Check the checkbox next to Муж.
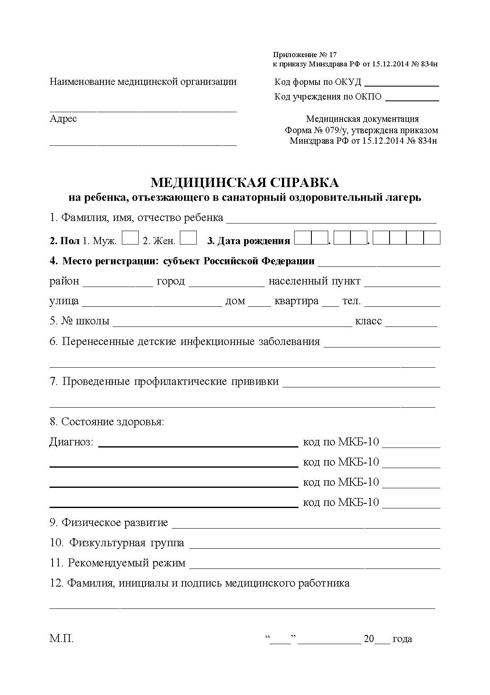(x=130, y=238)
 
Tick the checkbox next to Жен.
(x=188, y=238)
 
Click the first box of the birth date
(x=303, y=238)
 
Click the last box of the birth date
(x=432, y=238)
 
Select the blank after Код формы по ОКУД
(x=402, y=82)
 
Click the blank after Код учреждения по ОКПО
(x=412, y=97)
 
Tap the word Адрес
(x=63, y=119)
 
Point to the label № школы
(x=79, y=321)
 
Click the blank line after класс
(x=411, y=323)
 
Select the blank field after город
(x=227, y=282)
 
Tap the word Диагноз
(x=71, y=442)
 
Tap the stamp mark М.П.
(x=61, y=639)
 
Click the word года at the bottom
(x=402, y=639)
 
